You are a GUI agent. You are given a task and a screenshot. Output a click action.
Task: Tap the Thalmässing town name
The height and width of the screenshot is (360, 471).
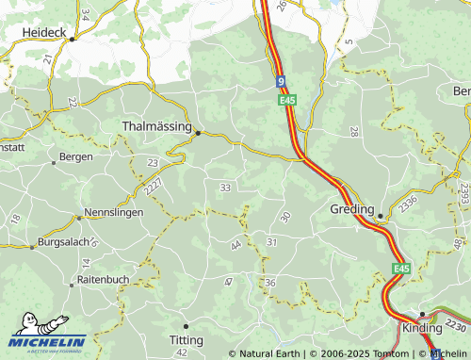[156, 124]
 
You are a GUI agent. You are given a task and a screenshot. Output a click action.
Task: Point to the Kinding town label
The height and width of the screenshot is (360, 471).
[421, 329]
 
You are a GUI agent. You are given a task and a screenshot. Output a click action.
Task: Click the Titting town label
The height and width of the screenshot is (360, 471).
[186, 339]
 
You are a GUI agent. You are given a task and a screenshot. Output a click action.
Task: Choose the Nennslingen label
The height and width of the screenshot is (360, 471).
[114, 212]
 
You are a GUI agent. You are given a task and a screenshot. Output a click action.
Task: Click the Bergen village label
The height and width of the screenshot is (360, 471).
[75, 156]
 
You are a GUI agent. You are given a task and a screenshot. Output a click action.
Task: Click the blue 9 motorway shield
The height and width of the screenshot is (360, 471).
[281, 82]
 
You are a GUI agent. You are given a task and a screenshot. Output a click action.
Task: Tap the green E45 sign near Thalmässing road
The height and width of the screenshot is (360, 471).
[287, 98]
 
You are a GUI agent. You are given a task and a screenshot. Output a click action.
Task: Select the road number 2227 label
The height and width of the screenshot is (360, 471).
[154, 187]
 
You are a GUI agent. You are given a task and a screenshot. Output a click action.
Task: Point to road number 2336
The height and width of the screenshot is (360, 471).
[408, 204]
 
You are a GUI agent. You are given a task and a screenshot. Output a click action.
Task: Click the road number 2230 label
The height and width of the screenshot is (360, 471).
[455, 325]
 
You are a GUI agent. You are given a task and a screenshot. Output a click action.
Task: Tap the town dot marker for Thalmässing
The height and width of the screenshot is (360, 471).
[198, 133]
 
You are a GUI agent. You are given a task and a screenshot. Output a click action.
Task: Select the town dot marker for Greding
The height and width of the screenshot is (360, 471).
[380, 216]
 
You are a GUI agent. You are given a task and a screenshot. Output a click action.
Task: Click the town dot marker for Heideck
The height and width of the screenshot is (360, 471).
[72, 39]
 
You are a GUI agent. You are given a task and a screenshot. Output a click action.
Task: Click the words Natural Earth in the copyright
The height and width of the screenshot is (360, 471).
[269, 353]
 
